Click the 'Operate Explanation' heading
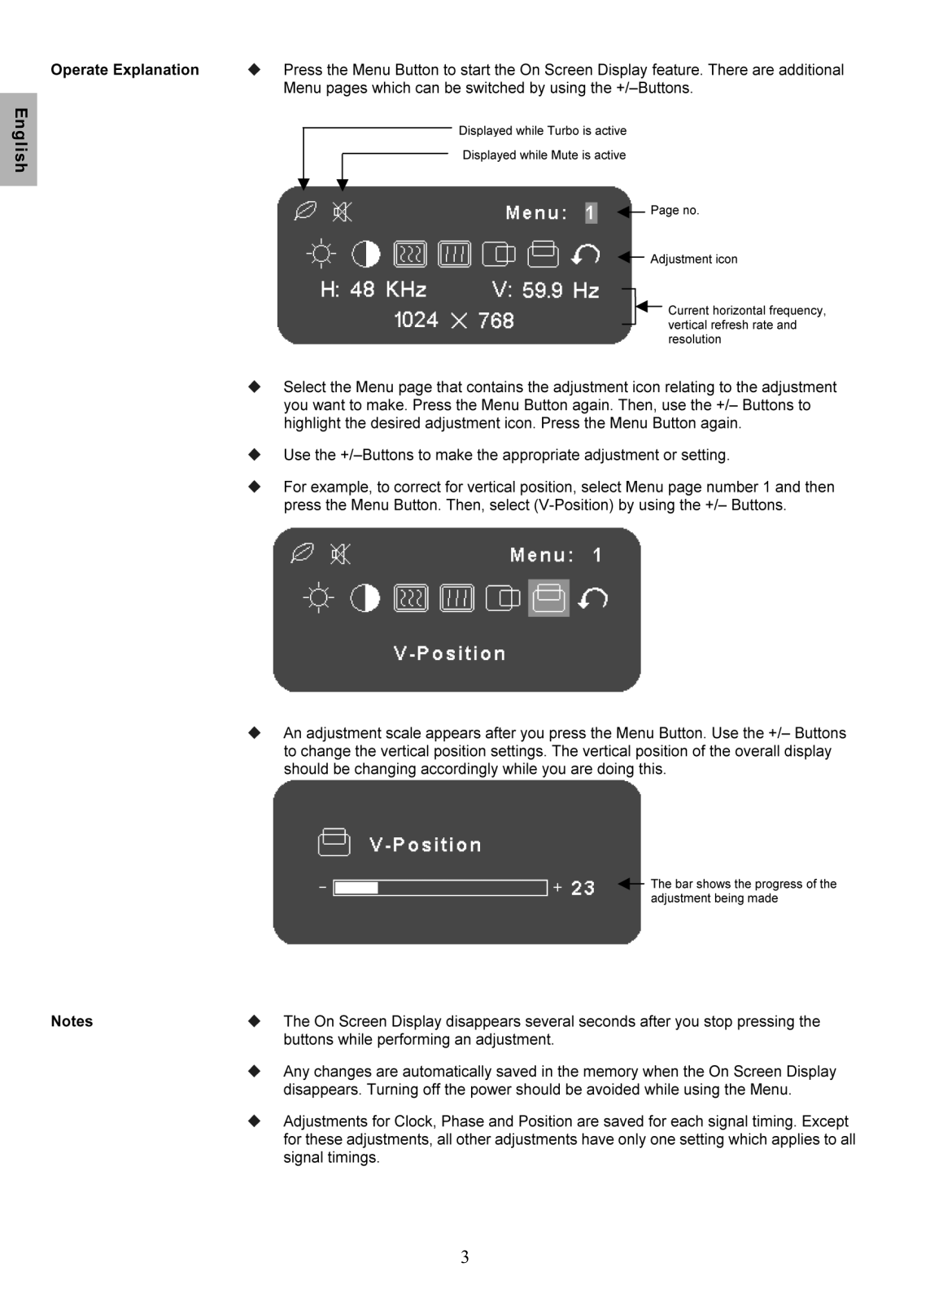pos(124,70)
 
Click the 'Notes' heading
pos(72,1021)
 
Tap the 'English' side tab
pos(19,140)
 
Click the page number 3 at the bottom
pos(465,1257)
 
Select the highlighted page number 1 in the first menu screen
pos(591,213)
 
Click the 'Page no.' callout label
pos(675,211)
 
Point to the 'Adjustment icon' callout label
pos(693,260)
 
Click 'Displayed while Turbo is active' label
pos(542,131)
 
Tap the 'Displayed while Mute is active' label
pos(544,155)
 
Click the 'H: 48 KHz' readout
pos(373,290)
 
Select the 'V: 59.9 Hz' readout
pos(545,291)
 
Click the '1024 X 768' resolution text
pos(454,321)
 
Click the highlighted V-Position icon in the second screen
pos(548,598)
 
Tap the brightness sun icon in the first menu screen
pos(321,255)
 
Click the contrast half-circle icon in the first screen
pos(365,255)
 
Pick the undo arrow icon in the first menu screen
pos(586,255)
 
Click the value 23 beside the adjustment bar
pos(583,889)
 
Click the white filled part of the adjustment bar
pos(356,888)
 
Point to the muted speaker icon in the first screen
pos(343,212)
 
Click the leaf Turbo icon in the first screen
pos(304,211)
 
